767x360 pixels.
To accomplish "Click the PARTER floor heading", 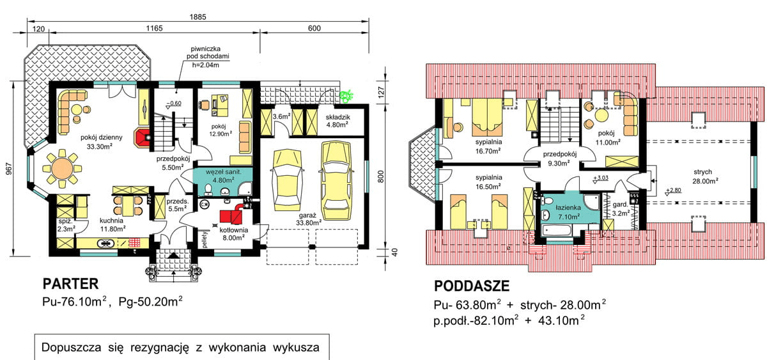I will (x=70, y=283).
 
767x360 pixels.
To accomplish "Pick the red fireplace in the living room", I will (x=143, y=136).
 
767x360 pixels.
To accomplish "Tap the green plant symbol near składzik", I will (x=348, y=97).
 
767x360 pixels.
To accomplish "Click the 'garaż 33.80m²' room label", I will (x=309, y=219).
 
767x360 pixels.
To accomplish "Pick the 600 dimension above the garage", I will (x=314, y=28).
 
